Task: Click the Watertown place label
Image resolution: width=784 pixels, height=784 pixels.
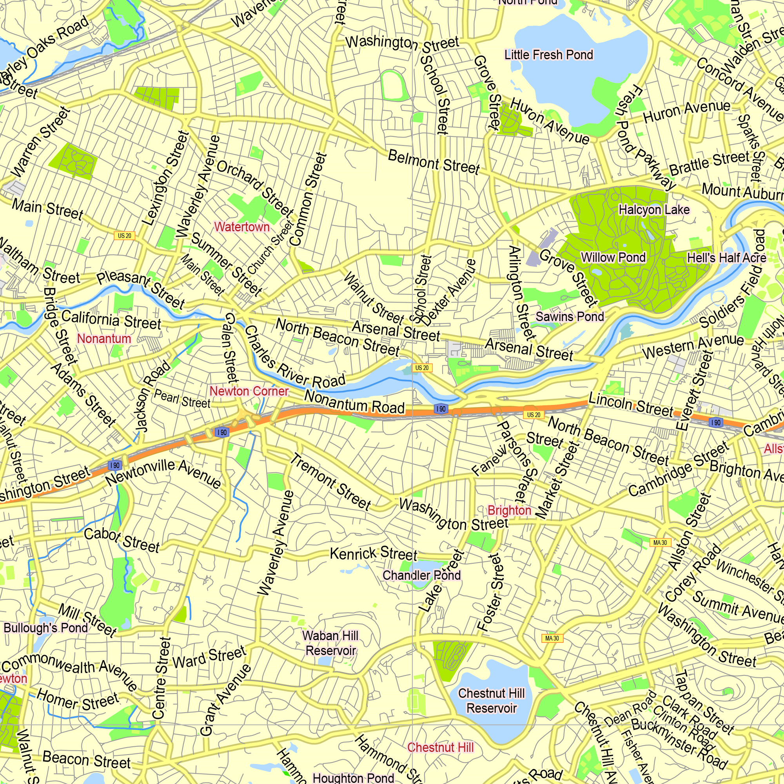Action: click(x=242, y=227)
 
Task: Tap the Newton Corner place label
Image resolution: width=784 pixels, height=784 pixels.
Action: click(x=249, y=391)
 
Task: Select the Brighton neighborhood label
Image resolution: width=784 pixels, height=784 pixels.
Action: click(x=509, y=510)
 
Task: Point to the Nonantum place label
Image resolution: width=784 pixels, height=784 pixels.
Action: click(x=104, y=338)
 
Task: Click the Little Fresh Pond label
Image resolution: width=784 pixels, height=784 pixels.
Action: click(x=549, y=54)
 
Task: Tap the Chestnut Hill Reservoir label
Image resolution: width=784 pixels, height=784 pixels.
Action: click(x=492, y=701)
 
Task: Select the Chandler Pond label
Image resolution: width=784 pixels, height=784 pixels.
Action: click(x=422, y=575)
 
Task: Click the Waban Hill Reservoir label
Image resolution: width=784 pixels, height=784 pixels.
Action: click(x=330, y=643)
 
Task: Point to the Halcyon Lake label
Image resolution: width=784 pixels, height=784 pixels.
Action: click(x=654, y=210)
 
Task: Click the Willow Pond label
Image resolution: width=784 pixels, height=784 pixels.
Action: click(x=613, y=257)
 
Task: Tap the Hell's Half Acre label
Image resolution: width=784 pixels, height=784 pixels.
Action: click(x=727, y=258)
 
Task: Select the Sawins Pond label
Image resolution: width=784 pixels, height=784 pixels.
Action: click(x=570, y=316)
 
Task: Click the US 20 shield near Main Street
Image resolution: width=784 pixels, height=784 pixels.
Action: click(x=125, y=236)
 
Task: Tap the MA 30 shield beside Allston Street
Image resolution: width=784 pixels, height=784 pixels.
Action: click(x=660, y=543)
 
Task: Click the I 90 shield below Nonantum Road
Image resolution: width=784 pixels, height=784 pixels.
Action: click(x=441, y=409)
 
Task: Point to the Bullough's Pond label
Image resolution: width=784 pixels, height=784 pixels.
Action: click(x=46, y=628)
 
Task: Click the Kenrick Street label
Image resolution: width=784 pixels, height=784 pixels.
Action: click(x=373, y=554)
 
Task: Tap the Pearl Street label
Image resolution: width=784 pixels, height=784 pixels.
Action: click(x=182, y=399)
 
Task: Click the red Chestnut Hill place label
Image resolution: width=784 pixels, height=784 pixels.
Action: click(x=440, y=748)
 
